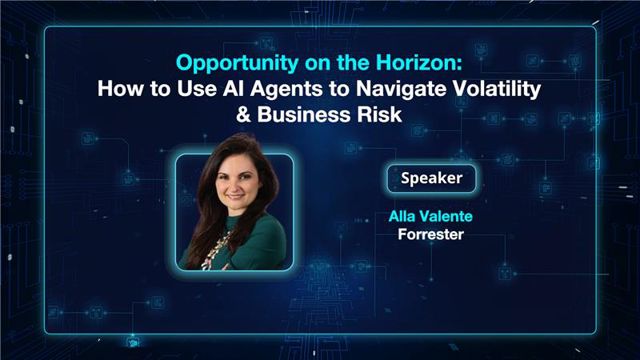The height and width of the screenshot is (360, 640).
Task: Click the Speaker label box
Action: [x=431, y=180]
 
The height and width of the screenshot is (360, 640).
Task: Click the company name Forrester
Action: [x=431, y=237]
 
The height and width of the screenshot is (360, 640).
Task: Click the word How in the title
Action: [x=117, y=88]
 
